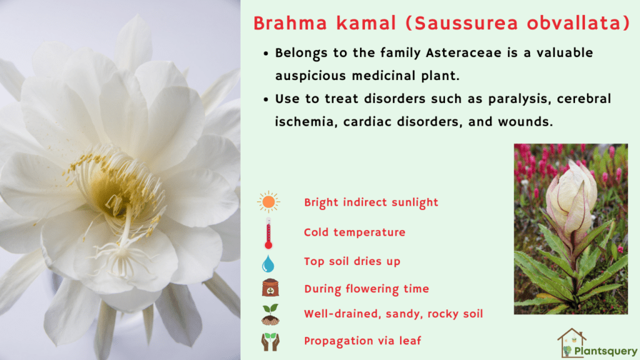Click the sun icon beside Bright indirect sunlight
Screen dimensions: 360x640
click(269, 202)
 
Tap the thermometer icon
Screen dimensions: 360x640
click(269, 232)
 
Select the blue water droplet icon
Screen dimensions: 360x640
click(269, 262)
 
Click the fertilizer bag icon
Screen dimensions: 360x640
click(269, 289)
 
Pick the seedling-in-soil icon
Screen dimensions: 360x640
click(269, 314)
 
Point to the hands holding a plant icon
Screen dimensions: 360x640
click(269, 341)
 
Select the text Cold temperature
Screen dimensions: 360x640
click(354, 232)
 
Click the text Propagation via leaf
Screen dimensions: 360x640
click(362, 341)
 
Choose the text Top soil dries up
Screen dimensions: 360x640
click(352, 261)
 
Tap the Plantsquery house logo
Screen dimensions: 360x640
click(570, 342)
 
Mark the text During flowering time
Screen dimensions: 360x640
click(366, 289)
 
